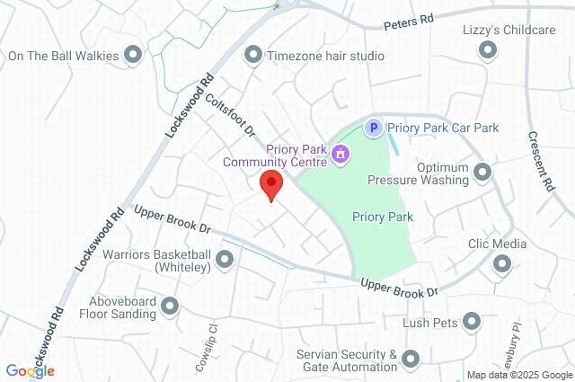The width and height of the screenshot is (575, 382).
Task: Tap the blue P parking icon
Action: point(373,129)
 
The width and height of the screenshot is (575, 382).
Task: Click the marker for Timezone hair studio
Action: point(254,56)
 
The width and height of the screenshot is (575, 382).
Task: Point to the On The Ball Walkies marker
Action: point(134,56)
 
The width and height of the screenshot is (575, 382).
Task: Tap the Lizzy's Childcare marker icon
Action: point(489,52)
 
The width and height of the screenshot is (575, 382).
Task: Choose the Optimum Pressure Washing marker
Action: point(482,171)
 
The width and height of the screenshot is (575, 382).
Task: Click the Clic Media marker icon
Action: point(501,264)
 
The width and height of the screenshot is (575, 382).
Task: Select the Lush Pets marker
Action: point(472,322)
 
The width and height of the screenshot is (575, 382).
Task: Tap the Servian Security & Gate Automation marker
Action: point(411,360)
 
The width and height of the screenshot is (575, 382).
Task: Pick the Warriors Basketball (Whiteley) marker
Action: point(225,260)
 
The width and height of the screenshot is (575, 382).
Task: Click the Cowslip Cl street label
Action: point(206,348)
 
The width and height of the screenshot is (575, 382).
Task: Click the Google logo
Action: point(30,371)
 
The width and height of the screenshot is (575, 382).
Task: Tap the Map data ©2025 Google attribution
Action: point(519,375)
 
